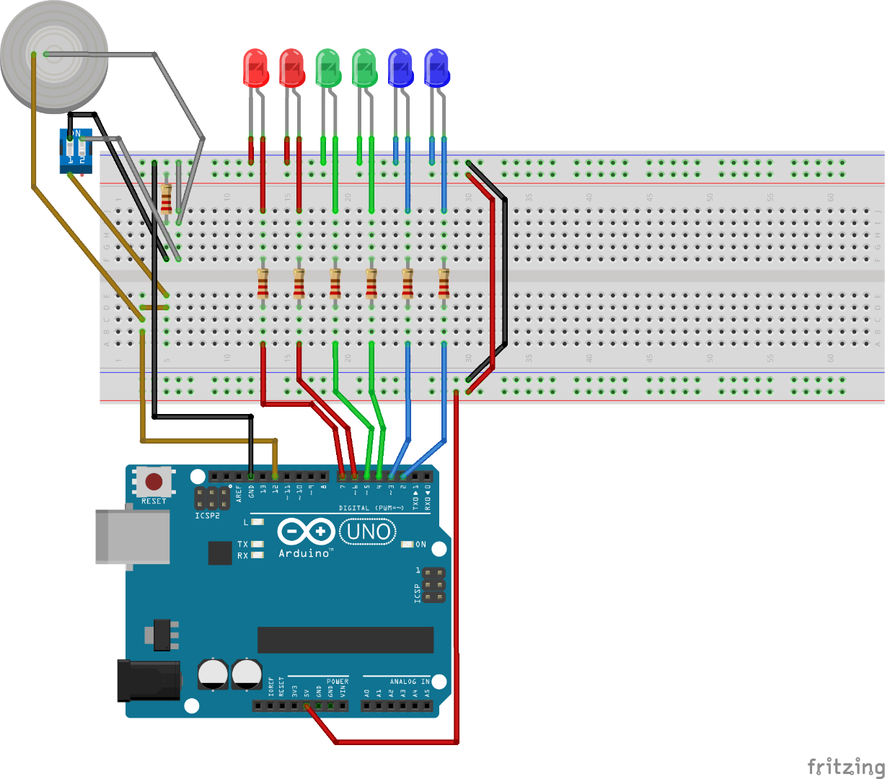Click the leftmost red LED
pyautogui.click(x=255, y=68)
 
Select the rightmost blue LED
pyautogui.click(x=436, y=68)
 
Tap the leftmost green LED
pyautogui.click(x=327, y=68)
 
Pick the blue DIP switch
pyautogui.click(x=76, y=151)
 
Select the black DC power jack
pyautogui.click(x=149, y=679)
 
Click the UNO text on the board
pyautogui.click(x=368, y=532)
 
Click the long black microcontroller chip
pyautogui.click(x=345, y=640)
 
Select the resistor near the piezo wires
pyautogui.click(x=167, y=198)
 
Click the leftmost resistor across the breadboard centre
pyautogui.click(x=263, y=283)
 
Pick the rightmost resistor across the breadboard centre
pyautogui.click(x=444, y=283)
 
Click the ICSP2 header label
pyautogui.click(x=207, y=516)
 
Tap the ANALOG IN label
pyautogui.click(x=409, y=681)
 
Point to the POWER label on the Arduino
pyautogui.click(x=338, y=681)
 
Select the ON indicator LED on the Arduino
pyautogui.click(x=408, y=545)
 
